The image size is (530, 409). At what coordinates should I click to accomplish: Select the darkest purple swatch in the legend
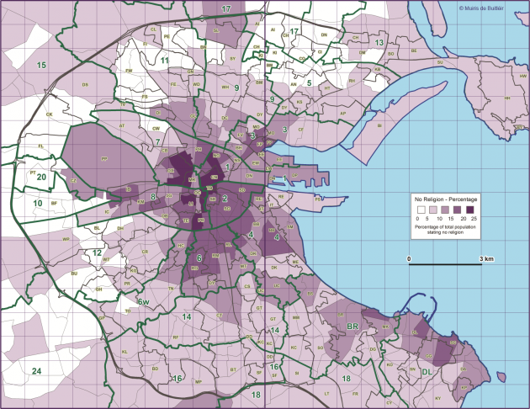[471, 210]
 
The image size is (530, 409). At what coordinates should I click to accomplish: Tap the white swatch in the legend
[419, 210]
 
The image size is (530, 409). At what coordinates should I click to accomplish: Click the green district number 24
[36, 371]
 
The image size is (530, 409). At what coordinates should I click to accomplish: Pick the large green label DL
[427, 370]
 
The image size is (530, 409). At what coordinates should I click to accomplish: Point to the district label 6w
[144, 302]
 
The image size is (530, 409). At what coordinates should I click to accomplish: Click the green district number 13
[379, 42]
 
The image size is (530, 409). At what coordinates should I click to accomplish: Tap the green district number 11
[165, 61]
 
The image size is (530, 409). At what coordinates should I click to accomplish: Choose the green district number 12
[98, 252]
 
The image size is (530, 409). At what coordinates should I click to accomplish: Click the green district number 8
[153, 198]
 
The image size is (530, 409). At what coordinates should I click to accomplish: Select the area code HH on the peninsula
[507, 98]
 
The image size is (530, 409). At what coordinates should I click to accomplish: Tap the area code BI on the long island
[379, 126]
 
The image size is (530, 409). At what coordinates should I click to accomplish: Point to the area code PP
[104, 157]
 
